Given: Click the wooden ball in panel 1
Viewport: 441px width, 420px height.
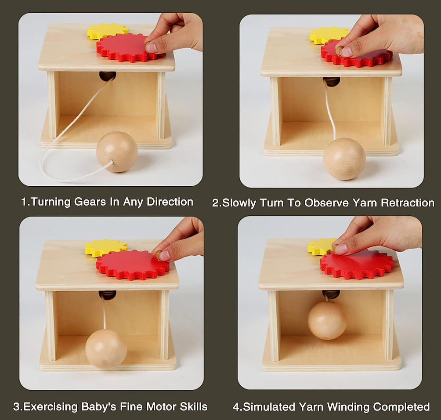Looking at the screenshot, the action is [117, 152].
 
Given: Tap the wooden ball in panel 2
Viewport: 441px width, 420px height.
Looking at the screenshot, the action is [344, 159].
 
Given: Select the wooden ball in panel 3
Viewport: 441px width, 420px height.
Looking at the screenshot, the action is [106, 349].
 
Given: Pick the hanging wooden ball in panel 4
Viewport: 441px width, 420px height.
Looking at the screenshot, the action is [327, 321].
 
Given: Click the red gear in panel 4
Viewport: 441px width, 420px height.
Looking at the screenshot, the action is [357, 266].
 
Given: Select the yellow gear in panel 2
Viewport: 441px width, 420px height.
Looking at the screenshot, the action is [326, 35].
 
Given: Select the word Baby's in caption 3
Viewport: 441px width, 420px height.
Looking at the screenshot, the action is [99, 407].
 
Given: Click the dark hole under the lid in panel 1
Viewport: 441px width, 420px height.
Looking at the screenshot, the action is [108, 76].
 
